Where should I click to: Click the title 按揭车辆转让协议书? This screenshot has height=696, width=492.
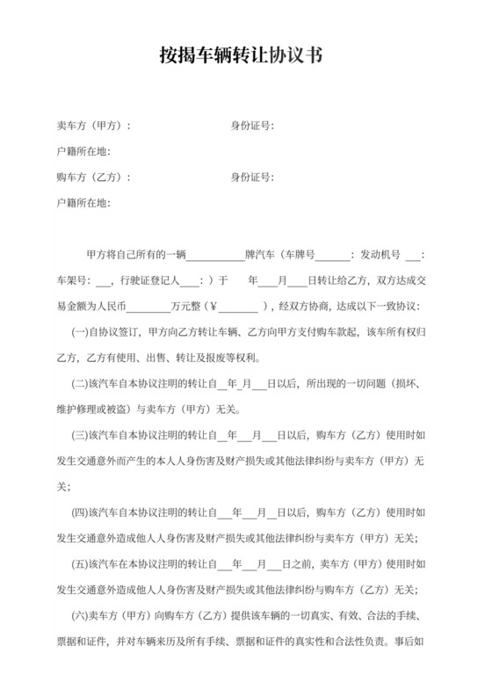click(245, 56)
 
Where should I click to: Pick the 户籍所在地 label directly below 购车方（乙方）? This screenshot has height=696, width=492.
click(83, 202)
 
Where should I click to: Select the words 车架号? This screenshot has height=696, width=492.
click(71, 281)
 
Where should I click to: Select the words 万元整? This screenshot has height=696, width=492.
click(185, 307)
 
